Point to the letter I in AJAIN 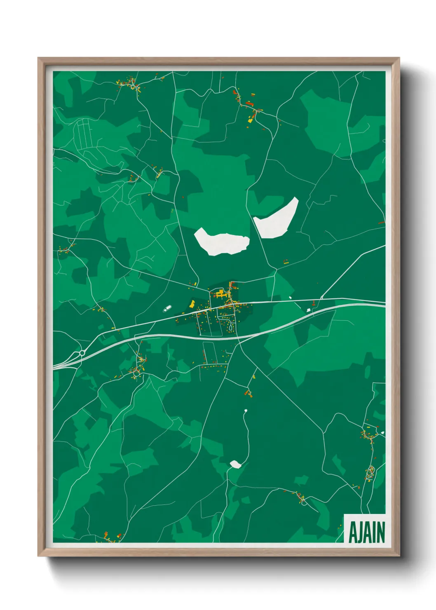373,533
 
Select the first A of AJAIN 352,533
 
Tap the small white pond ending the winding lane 236,465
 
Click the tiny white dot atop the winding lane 246,411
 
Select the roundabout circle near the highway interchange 82,353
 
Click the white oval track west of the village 167,308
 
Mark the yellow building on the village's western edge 192,304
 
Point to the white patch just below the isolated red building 309,309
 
